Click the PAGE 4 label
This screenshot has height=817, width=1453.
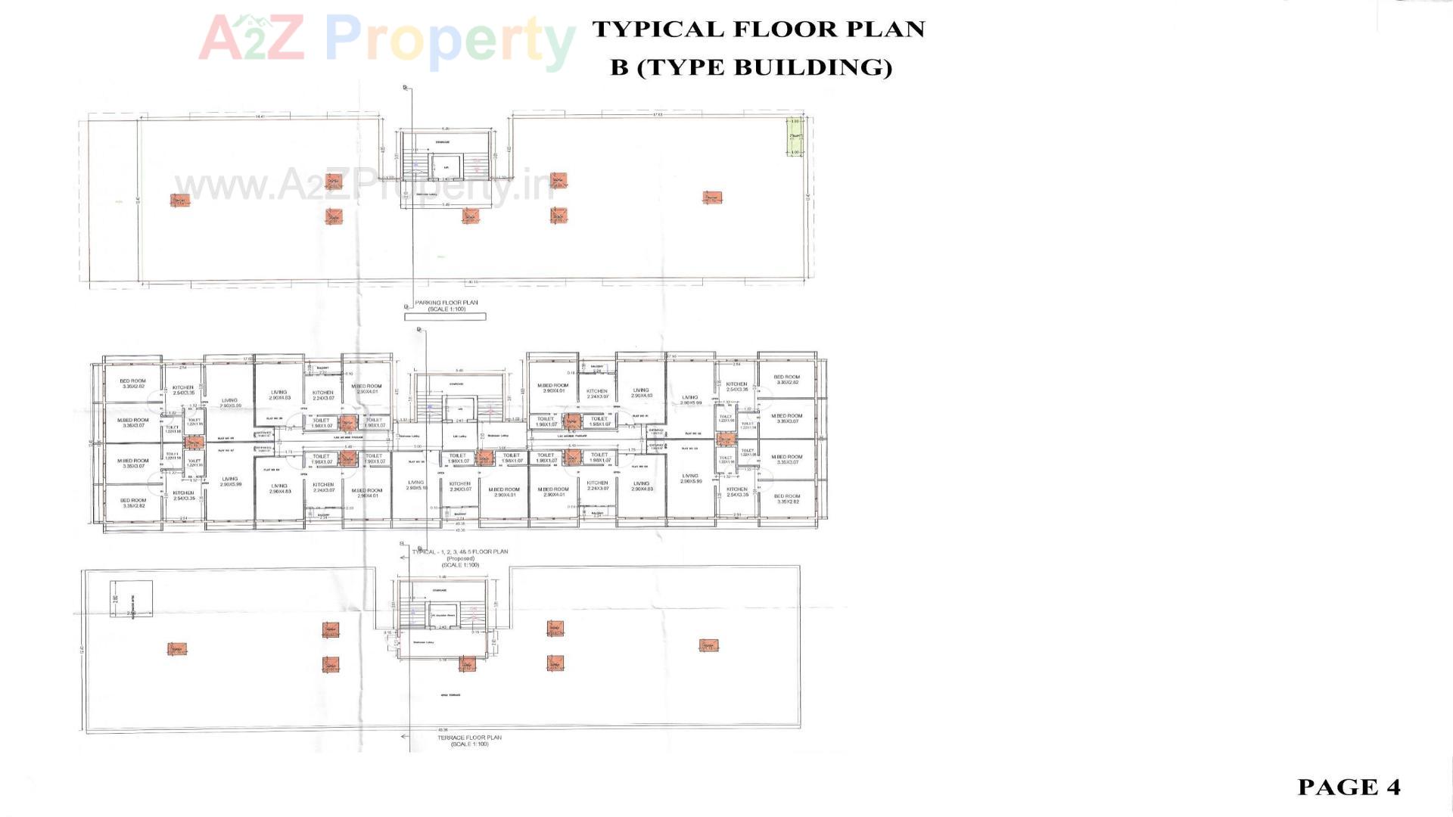point(1349,787)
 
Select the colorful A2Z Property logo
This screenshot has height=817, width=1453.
point(386,38)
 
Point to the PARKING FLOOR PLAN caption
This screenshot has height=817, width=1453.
point(446,303)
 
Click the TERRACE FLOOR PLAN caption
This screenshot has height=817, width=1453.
point(469,738)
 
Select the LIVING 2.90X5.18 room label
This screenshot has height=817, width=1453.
point(415,485)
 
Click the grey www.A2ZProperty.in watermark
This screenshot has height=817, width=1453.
point(363,185)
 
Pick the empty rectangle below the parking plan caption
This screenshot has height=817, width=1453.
point(445,317)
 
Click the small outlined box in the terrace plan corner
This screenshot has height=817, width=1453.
point(131,601)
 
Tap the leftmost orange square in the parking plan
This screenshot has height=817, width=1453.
point(179,200)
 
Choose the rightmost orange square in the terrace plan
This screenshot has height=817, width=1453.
point(708,645)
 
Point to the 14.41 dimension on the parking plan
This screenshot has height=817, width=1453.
point(260,116)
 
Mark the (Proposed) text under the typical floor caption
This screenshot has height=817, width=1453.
point(459,558)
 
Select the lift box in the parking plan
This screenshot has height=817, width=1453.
point(446,167)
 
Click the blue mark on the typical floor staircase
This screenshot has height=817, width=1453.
point(429,408)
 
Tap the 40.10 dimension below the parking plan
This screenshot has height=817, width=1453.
point(473,282)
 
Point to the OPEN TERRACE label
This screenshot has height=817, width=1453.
point(450,695)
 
